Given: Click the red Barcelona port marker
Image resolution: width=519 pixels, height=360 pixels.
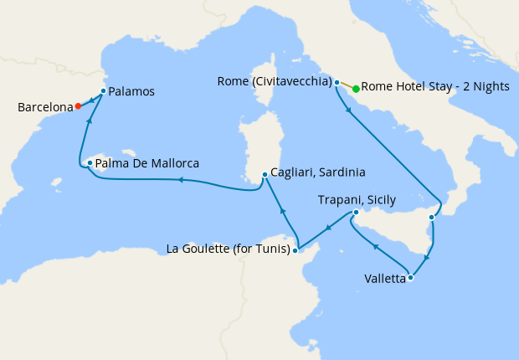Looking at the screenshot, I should click(x=78, y=106).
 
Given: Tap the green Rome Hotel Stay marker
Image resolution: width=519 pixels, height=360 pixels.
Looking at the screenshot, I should click(x=356, y=89).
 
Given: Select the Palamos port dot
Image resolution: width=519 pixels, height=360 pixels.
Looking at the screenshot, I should click(x=103, y=90).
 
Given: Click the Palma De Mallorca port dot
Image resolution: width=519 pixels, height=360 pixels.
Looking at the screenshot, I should click(x=90, y=163).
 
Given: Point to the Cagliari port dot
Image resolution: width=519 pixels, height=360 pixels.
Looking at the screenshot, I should click(x=265, y=174).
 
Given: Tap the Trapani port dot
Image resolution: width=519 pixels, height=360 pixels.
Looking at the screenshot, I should click(x=356, y=213).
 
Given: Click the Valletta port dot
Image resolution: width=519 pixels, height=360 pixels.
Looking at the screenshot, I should click(x=410, y=278).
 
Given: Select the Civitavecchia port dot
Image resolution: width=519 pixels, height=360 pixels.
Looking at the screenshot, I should click(x=337, y=83).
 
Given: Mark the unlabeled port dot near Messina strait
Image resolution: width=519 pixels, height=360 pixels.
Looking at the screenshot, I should click(x=431, y=218).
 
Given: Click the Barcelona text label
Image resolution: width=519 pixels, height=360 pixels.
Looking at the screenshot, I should click(x=44, y=107).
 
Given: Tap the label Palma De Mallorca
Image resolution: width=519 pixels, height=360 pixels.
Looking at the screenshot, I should click(x=146, y=163).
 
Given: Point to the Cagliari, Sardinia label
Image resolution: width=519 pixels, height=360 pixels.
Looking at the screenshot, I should click(x=318, y=173).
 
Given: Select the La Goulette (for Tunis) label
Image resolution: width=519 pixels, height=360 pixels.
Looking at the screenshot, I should click(x=228, y=249).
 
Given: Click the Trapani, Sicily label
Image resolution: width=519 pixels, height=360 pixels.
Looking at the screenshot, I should click(x=357, y=199).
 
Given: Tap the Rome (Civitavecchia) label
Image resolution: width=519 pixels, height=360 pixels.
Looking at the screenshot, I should click(x=274, y=81).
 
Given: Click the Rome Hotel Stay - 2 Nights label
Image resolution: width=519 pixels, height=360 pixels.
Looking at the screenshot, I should click(x=435, y=88).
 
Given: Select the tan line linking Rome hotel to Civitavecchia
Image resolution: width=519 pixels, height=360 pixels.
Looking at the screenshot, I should click(x=346, y=85).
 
